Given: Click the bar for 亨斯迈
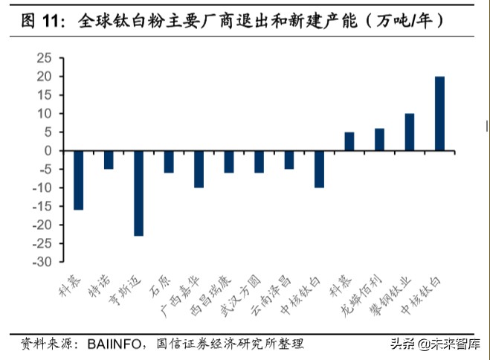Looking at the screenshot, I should coord(138,193).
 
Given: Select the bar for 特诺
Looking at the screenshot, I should coord(109,160).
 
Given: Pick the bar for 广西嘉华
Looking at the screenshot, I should coord(199,169).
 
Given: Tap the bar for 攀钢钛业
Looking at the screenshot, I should coord(409,132).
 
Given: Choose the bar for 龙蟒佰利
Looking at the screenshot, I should coord(379,140).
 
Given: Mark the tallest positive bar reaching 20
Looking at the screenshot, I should coord(439,114).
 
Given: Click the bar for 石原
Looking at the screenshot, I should coord(169,161).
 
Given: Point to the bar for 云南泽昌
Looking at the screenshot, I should coord(288,160).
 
